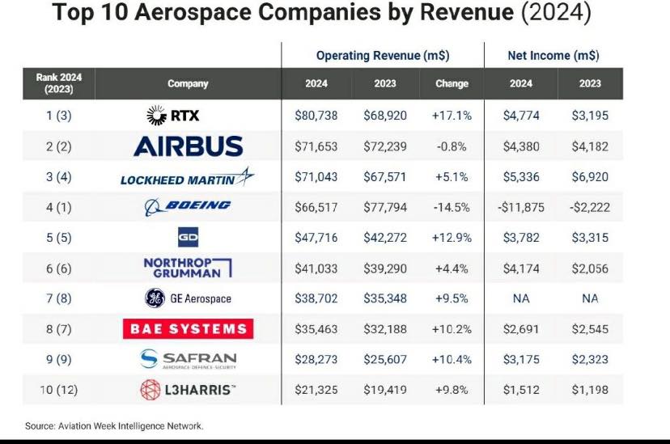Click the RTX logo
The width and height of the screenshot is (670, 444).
172,116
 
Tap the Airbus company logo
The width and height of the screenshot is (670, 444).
188,146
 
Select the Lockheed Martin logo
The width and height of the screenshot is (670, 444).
187,177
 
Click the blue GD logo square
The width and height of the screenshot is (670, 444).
188,238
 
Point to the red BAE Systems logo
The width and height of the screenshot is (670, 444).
188,328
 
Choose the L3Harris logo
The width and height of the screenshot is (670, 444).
188,390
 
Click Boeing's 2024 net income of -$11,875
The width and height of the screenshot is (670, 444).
521,208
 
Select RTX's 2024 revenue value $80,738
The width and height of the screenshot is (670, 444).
316,116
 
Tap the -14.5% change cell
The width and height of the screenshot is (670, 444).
452,208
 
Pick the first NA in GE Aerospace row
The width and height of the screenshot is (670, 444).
521,298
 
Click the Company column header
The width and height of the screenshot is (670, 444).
188,83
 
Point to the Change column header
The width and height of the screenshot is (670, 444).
452,83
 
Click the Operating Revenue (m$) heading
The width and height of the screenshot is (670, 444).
383,56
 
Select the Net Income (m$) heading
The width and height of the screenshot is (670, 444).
553,56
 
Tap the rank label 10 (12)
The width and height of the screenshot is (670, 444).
59,390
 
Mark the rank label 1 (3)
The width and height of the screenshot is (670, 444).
59,116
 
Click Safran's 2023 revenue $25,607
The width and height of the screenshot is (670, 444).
385,359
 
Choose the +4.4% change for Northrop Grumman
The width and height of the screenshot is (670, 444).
452,269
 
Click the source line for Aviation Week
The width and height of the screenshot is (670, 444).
114,426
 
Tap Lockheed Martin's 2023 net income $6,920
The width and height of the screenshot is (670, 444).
590,177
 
